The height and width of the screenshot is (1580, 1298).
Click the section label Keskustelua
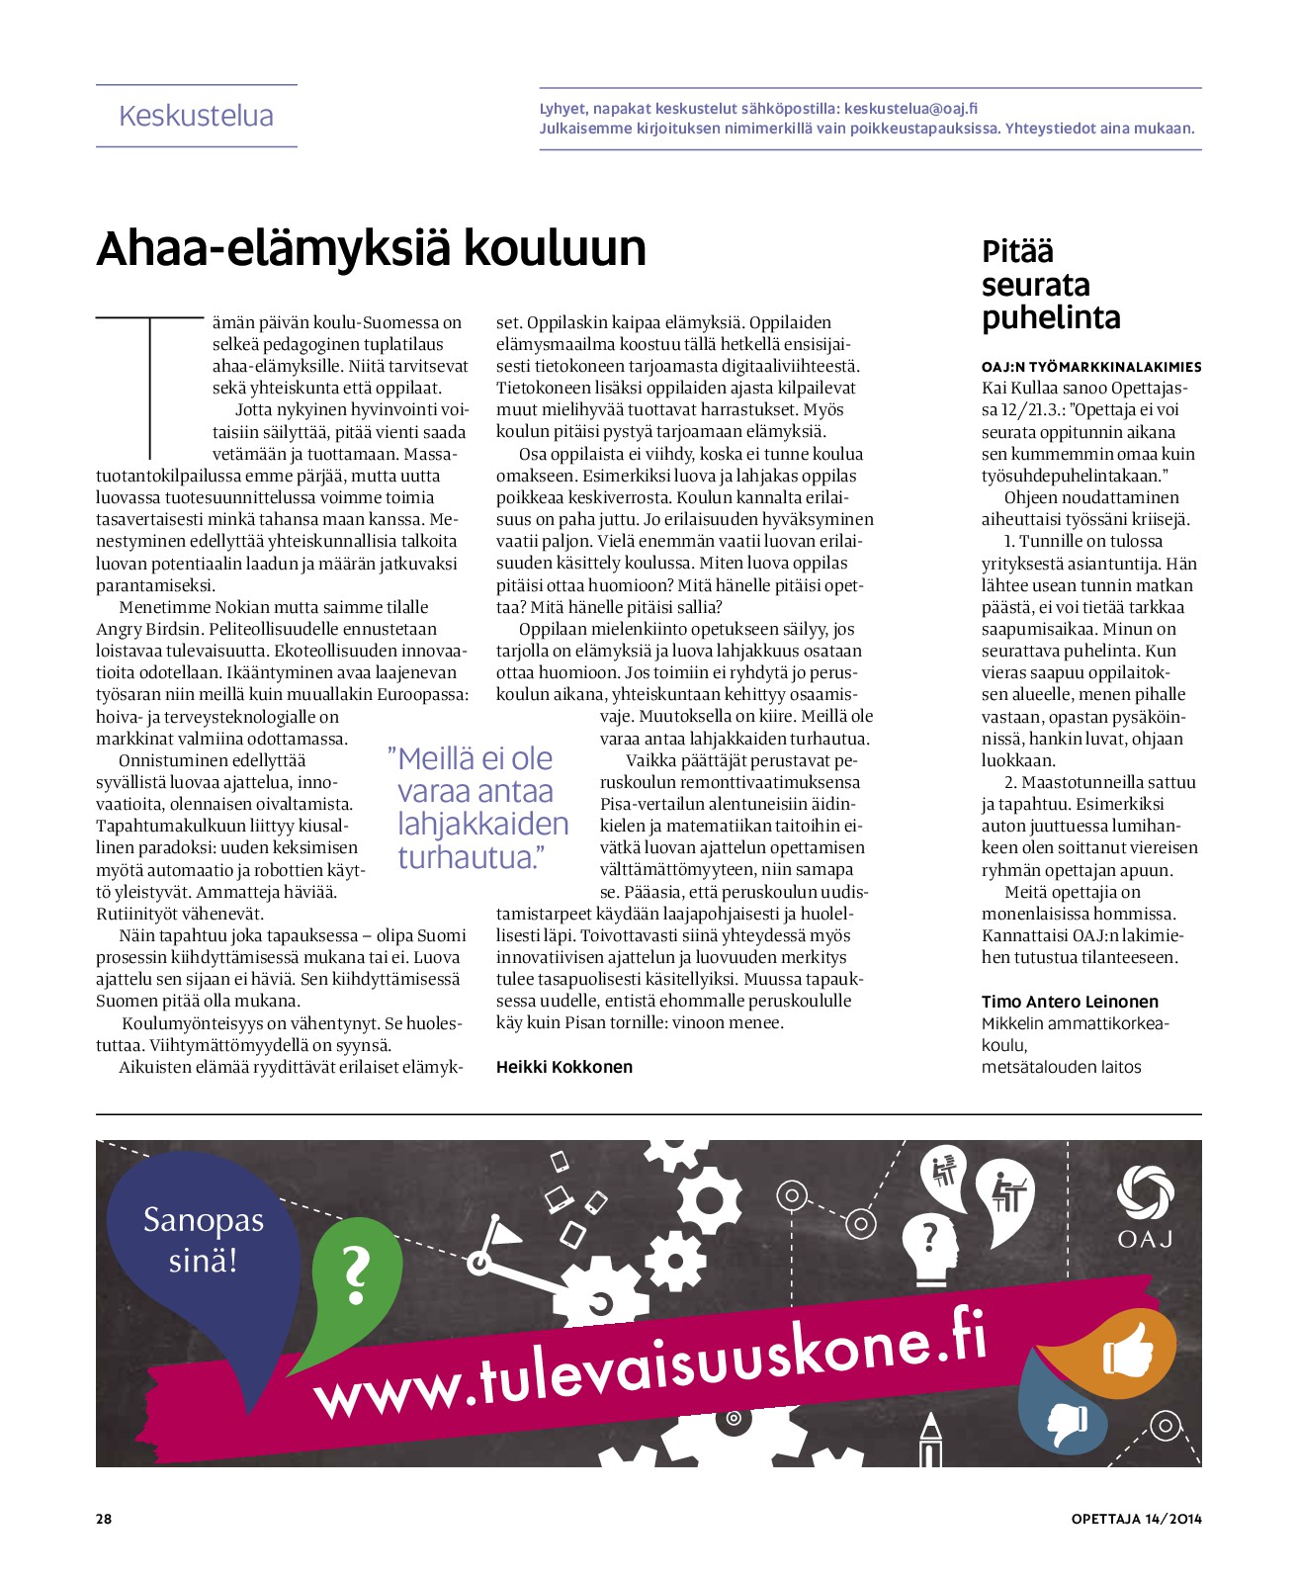click(x=196, y=116)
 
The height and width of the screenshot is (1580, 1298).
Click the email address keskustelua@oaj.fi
click(x=910, y=109)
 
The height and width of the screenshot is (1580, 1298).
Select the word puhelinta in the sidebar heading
click(x=1050, y=318)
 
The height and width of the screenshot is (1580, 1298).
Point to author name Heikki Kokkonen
click(x=563, y=1067)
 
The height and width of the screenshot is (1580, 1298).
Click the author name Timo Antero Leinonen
click(x=1069, y=1002)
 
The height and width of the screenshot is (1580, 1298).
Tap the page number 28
click(x=104, y=1519)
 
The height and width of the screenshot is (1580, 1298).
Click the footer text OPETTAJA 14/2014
click(x=1136, y=1519)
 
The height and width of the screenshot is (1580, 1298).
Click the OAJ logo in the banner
click(x=1145, y=1206)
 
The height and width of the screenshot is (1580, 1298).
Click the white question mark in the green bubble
click(x=355, y=1275)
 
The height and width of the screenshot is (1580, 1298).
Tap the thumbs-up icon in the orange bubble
click(x=1127, y=1351)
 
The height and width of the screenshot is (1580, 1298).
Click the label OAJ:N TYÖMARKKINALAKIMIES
click(x=1090, y=367)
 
